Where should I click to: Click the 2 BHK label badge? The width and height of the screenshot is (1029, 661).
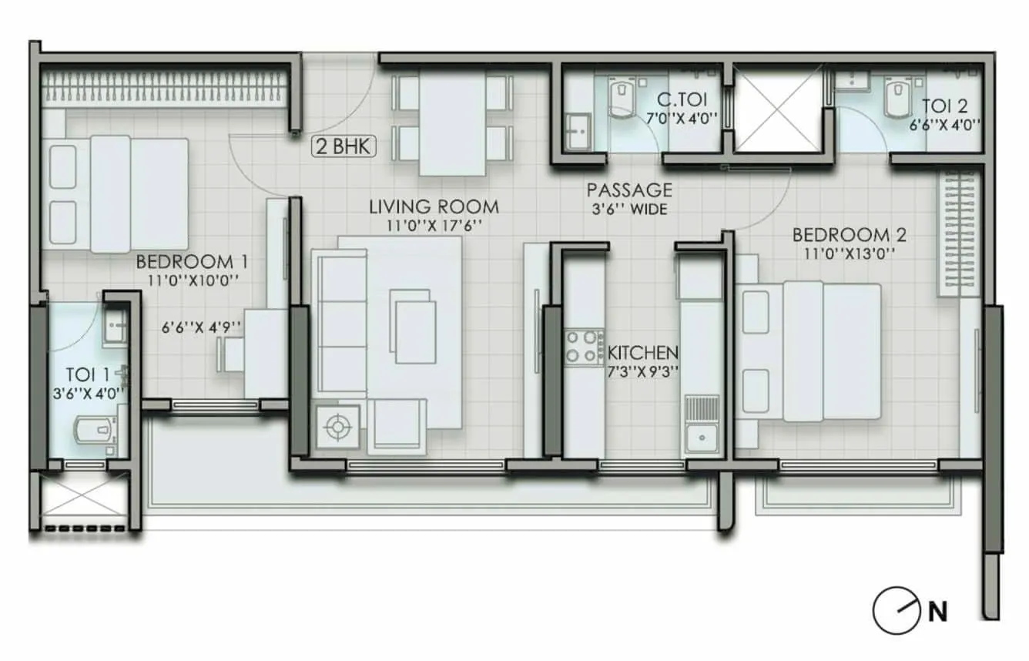(344, 147)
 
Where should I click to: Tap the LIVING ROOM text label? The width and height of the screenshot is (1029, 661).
(433, 206)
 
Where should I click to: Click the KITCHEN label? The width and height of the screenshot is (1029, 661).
(643, 353)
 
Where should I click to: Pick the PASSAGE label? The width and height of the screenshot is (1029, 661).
(629, 190)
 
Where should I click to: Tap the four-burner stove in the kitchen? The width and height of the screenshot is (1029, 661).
(585, 346)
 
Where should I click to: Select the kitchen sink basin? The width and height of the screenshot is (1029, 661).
(702, 435)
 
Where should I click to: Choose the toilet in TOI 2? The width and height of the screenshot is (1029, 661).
(896, 96)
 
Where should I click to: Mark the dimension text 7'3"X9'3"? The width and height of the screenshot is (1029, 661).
(643, 371)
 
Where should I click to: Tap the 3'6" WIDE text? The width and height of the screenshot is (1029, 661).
(629, 209)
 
